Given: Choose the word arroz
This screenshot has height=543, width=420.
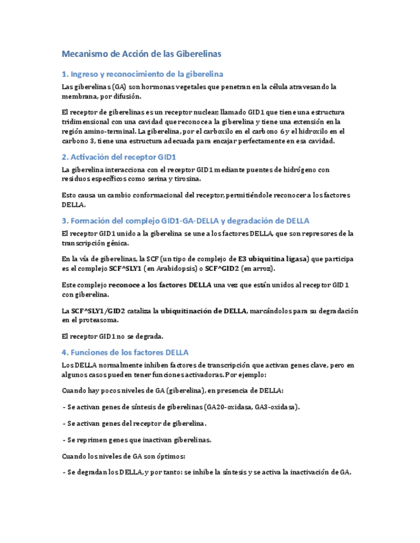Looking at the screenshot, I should point(281,268).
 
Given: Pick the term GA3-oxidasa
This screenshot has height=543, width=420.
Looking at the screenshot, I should point(274,406).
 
